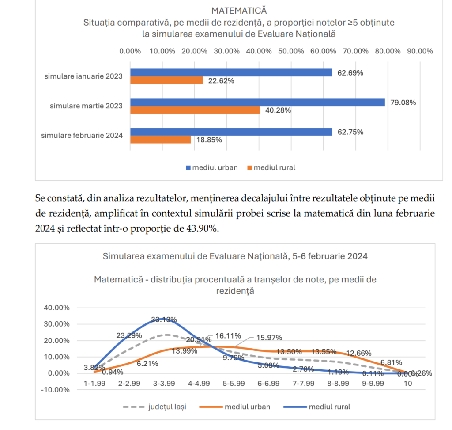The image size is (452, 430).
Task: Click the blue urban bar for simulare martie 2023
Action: click(257, 102)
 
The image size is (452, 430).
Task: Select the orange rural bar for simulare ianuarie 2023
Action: click(166, 80)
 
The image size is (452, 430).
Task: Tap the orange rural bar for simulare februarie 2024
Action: click(160, 140)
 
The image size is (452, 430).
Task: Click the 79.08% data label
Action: click(402, 103)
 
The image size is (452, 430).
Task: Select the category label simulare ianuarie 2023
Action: click(83, 76)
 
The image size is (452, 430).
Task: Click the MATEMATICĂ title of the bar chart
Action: click(239, 10)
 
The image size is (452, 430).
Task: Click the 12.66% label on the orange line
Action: click(358, 354)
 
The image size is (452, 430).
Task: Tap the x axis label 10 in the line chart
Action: click(407, 384)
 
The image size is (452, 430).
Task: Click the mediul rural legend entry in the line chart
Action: click(330, 407)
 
